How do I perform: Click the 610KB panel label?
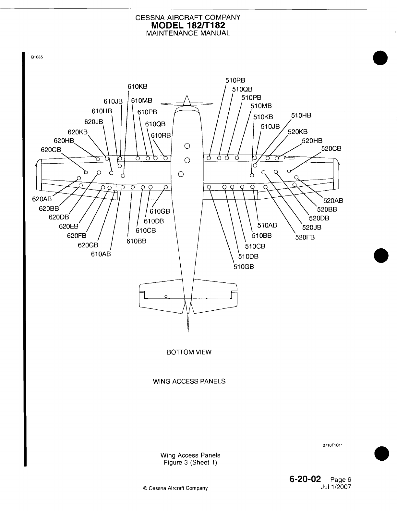[x=137, y=87]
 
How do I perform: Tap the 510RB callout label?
[x=235, y=81]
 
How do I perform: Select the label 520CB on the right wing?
[x=331, y=149]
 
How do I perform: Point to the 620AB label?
[x=42, y=199]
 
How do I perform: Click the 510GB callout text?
[x=244, y=267]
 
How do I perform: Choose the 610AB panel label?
[x=101, y=254]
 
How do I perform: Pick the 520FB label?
[x=305, y=237]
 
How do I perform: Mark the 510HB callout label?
[x=301, y=115]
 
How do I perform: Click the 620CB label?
[x=51, y=149]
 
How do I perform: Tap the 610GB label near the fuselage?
[x=160, y=212]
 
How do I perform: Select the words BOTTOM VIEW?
[x=189, y=352]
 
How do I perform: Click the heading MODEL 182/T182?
[x=188, y=25]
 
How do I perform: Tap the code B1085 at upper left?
[x=37, y=57]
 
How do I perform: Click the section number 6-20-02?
[x=305, y=479]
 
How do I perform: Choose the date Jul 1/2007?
[x=335, y=487]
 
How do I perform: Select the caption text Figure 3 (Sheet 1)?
[x=190, y=463]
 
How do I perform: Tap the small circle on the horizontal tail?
[x=166, y=296]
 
